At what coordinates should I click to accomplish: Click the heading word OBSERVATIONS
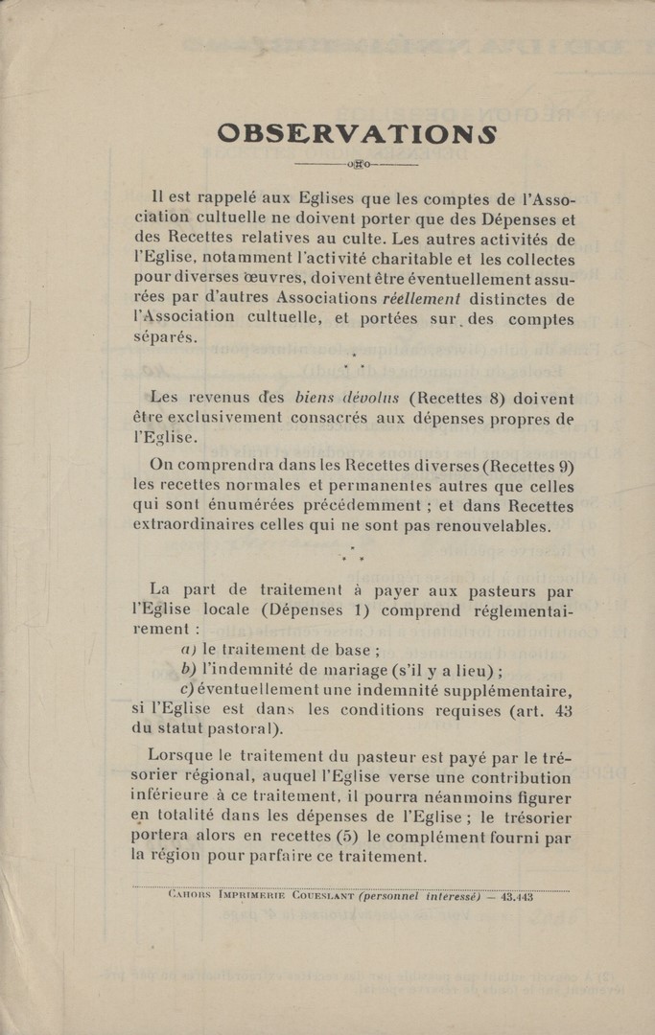point(357,132)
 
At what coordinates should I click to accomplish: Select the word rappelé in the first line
point(242,199)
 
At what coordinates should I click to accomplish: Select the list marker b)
point(187,669)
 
